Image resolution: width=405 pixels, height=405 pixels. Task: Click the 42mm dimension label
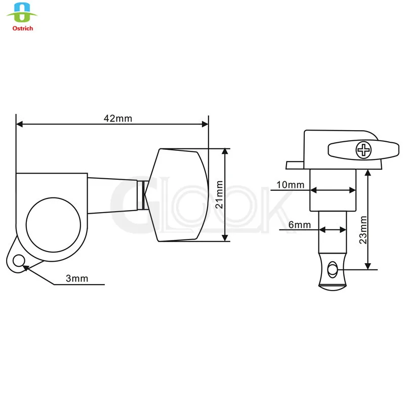point(118,118)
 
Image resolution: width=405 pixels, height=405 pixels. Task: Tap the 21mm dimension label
point(219,194)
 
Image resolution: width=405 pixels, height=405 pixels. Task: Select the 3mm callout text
point(77,278)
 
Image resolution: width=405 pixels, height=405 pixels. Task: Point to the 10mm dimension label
point(290,185)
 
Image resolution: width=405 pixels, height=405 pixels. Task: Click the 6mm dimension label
point(300,225)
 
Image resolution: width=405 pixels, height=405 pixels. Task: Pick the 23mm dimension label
point(363,230)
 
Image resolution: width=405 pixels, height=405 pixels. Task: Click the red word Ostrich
point(23,28)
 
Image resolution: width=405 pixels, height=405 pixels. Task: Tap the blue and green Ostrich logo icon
point(22,13)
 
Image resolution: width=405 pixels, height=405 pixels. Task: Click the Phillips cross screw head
point(363,150)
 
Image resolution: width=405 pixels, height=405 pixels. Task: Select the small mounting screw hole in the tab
point(19,261)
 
